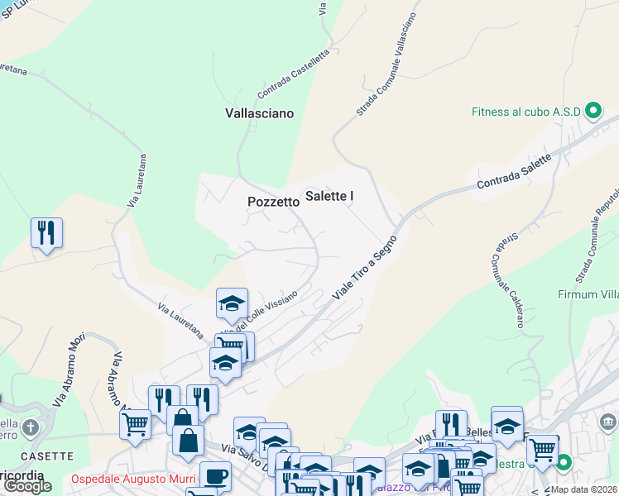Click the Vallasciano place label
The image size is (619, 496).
259,113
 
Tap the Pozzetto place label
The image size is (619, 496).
273,202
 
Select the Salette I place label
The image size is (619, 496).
329,196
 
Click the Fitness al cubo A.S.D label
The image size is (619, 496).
526,112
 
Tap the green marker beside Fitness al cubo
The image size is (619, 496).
593,111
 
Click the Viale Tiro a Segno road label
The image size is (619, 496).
365,268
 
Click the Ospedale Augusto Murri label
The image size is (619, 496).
133,479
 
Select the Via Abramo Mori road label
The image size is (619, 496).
70,370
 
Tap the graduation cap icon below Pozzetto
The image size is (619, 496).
233,303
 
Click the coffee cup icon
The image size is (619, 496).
216,477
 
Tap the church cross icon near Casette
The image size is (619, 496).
31,428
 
